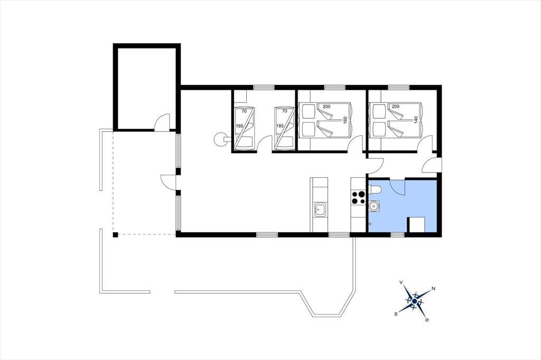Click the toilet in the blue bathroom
375,190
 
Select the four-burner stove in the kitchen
358,198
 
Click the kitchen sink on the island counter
320,210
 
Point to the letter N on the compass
434,288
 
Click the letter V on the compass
401,282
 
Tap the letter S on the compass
396,314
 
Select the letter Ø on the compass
427,320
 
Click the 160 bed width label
344,120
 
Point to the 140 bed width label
416,120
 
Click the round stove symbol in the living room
219,139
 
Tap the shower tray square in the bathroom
416,225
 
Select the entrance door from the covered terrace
169,182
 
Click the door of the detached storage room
162,122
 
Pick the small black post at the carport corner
115,235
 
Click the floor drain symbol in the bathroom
370,224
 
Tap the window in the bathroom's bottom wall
397,235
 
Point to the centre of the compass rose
414,301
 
